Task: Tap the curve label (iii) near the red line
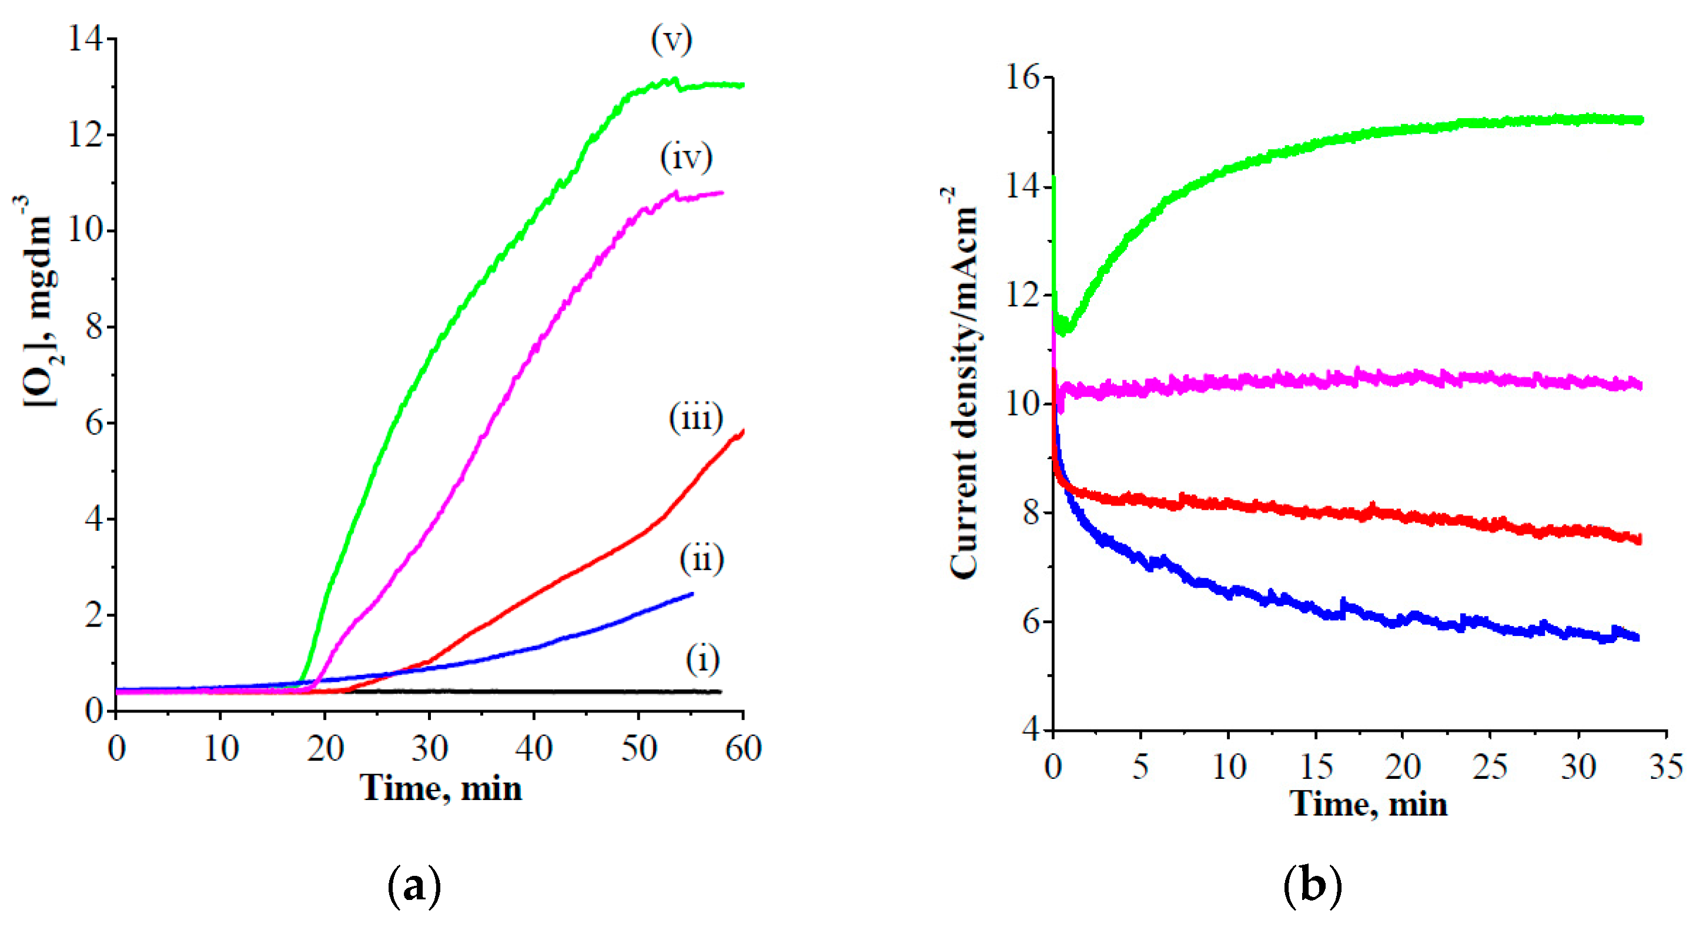(695, 418)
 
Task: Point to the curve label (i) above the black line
(703, 660)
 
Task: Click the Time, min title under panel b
(1369, 805)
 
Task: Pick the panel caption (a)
(414, 886)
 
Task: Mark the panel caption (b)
(1312, 886)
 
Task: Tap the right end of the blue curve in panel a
(692, 594)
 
